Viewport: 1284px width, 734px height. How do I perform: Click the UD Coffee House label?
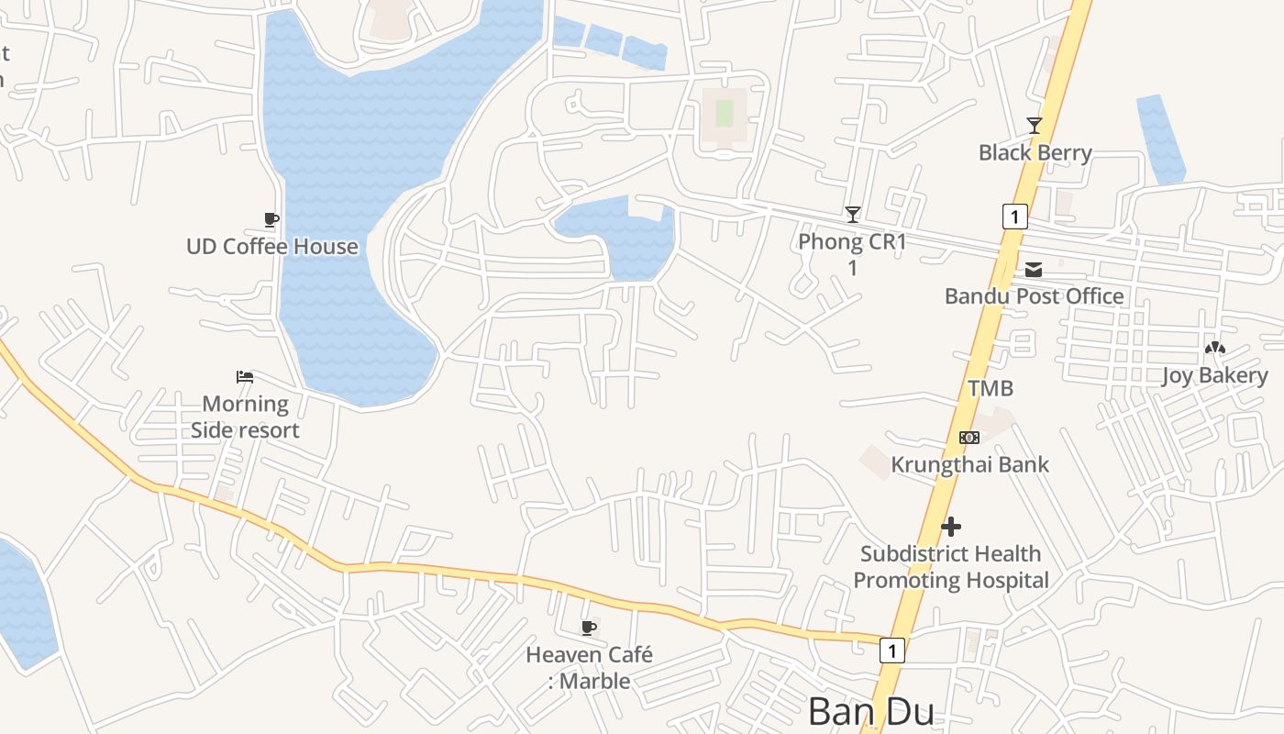click(x=272, y=246)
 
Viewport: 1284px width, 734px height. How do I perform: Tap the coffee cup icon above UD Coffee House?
click(x=271, y=219)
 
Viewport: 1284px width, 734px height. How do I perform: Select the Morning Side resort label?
click(x=245, y=417)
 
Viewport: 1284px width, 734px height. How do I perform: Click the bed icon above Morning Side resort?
click(x=245, y=377)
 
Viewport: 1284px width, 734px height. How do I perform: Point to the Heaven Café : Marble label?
click(x=589, y=668)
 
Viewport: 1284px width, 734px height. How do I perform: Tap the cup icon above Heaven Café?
click(x=589, y=628)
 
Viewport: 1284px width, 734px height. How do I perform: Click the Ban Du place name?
click(x=871, y=713)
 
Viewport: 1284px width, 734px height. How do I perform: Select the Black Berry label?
click(x=1035, y=152)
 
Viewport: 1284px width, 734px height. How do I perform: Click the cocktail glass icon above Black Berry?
click(x=1035, y=126)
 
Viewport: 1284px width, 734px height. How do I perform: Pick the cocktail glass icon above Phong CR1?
click(x=853, y=215)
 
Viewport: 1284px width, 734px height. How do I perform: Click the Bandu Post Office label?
click(x=1034, y=295)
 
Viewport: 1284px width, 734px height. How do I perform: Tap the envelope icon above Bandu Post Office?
click(x=1034, y=270)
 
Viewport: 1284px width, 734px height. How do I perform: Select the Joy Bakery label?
click(x=1215, y=375)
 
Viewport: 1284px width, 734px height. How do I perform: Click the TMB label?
click(x=991, y=388)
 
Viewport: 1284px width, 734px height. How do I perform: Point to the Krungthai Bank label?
click(x=969, y=464)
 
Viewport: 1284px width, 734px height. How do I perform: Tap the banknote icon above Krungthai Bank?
click(x=969, y=438)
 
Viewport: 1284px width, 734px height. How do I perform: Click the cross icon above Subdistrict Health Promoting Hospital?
click(x=951, y=527)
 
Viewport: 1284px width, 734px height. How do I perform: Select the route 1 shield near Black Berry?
click(x=1014, y=217)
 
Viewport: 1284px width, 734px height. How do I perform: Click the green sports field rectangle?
click(x=725, y=114)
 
